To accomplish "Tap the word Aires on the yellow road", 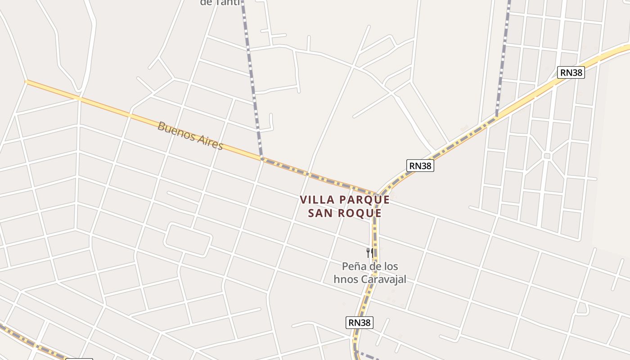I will pos(209,142).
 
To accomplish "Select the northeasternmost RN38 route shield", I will pos(571,72).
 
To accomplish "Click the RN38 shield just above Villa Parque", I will pos(420,166).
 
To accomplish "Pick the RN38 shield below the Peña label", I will pos(360,322).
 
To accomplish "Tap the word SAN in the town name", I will pos(321,213).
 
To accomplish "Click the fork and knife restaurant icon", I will pos(369,252).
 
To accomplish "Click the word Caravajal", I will pos(383,279).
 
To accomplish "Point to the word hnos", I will pos(346,279).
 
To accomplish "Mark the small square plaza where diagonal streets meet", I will pos(547,156).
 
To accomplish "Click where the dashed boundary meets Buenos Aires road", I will pos(261,158).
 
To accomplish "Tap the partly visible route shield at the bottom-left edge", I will pos(79,359).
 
